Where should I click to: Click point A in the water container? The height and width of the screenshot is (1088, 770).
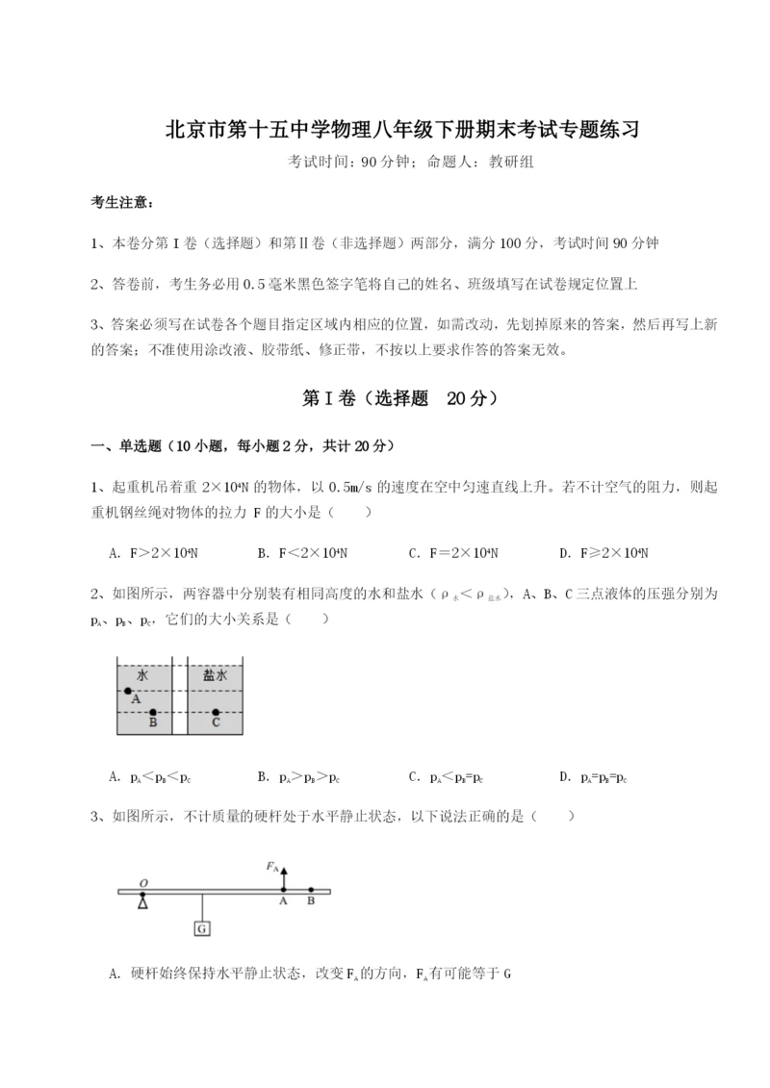click(x=128, y=692)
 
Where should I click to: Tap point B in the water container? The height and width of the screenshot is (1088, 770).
click(x=153, y=713)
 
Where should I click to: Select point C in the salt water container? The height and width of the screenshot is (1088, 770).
click(x=216, y=713)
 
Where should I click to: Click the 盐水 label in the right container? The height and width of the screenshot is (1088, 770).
click(x=215, y=675)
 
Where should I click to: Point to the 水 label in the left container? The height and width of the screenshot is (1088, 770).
click(x=142, y=675)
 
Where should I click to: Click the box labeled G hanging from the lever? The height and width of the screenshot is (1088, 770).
click(x=202, y=928)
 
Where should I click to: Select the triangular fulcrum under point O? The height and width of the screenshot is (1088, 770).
click(x=143, y=901)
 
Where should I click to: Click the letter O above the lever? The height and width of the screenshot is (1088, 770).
click(x=142, y=881)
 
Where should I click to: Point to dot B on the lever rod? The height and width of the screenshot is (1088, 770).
click(x=310, y=891)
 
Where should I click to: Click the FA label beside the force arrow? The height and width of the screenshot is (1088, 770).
click(x=272, y=865)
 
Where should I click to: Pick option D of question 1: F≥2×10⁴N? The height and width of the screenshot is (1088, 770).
click(x=603, y=553)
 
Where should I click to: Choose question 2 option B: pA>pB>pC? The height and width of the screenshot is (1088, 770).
click(x=300, y=776)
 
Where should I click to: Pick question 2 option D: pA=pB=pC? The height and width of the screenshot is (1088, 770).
click(x=594, y=776)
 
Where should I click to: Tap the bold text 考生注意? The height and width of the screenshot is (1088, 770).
click(x=120, y=202)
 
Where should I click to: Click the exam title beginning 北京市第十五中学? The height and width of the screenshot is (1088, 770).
click(x=385, y=129)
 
